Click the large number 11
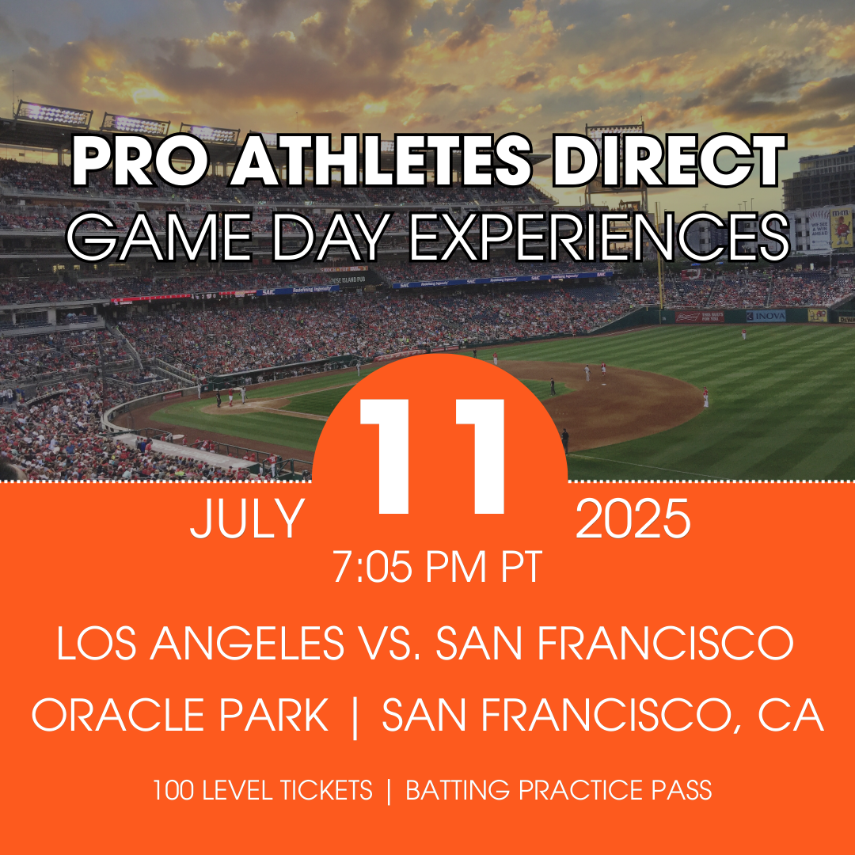click(x=432, y=456)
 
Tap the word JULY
click(x=247, y=519)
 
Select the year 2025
click(x=633, y=519)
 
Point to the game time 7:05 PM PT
click(x=437, y=567)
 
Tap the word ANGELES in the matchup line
click(x=247, y=643)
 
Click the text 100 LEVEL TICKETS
click(x=263, y=790)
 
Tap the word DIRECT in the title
click(x=669, y=160)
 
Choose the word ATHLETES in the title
click(x=380, y=160)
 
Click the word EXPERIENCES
click(x=598, y=237)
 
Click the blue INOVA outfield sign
click(x=766, y=316)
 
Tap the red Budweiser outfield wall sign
click(x=700, y=317)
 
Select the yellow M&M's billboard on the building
click(x=841, y=227)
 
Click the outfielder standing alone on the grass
click(x=743, y=334)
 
